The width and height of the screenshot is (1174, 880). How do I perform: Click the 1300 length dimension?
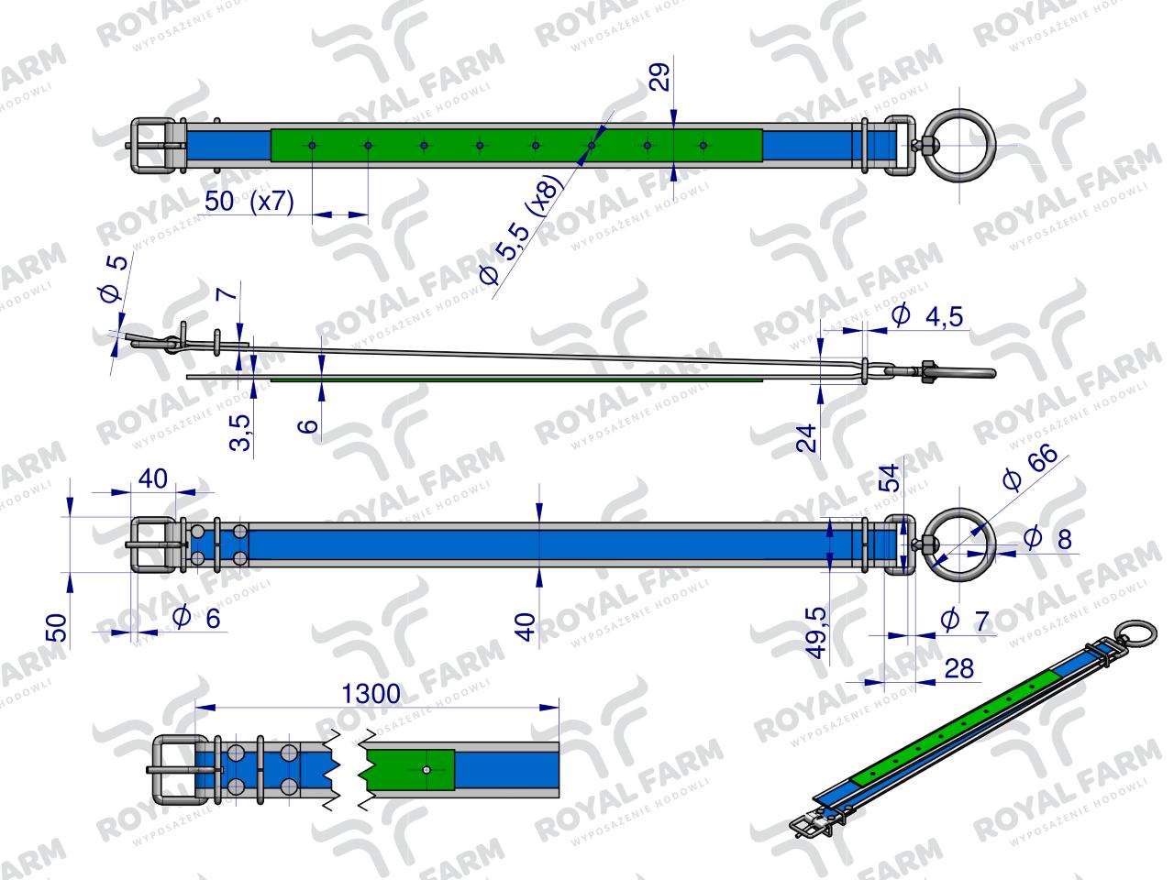pyautogui.click(x=371, y=694)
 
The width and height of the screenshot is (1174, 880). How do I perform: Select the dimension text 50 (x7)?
pyautogui.click(x=249, y=202)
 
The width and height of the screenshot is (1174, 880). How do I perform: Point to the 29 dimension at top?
pyautogui.click(x=661, y=78)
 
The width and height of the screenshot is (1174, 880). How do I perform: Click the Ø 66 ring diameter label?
pyautogui.click(x=1030, y=467)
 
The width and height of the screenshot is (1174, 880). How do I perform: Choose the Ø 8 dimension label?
pyautogui.click(x=1048, y=538)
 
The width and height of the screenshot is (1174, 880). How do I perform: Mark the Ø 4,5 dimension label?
pyautogui.click(x=927, y=315)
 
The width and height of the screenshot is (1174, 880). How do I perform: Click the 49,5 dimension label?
pyautogui.click(x=816, y=632)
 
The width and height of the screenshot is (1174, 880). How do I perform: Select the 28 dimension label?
pyautogui.click(x=959, y=669)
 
